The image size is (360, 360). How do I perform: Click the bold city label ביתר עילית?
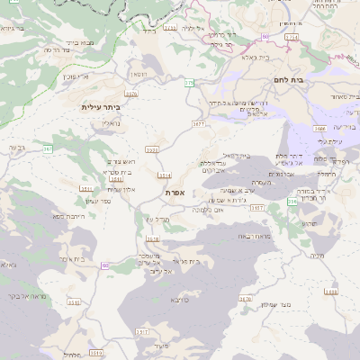pos(106,107)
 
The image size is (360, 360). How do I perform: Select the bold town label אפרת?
pos(175,193)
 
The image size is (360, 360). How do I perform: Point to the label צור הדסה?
pos(58,50)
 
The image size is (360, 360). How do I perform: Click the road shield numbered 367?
pos(48,148)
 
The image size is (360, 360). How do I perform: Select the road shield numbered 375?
pos(189,83)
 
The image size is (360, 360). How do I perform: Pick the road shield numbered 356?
pos(292,202)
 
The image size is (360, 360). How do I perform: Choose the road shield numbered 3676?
pos(132,93)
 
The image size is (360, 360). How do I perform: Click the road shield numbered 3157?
pos(257,208)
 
